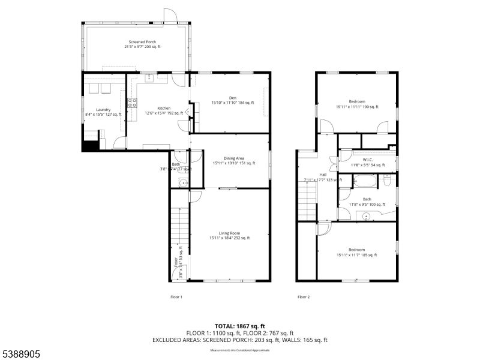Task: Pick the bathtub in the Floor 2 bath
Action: (364, 180)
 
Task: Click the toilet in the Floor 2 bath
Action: (388, 179)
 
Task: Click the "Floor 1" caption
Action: (176, 296)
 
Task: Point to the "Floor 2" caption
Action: (304, 296)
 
